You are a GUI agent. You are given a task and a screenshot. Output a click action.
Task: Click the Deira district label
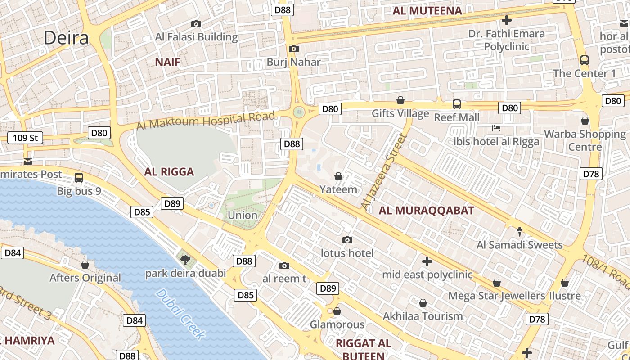tap(66, 38)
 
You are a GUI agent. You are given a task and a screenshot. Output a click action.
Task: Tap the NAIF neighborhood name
tap(167, 62)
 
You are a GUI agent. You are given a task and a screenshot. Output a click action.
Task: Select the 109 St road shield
tap(25, 138)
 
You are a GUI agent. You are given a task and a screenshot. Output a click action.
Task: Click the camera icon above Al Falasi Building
tap(196, 24)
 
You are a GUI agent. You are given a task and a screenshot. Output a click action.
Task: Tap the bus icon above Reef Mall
tap(456, 104)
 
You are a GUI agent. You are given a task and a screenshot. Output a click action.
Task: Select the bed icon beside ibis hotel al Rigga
tap(496, 129)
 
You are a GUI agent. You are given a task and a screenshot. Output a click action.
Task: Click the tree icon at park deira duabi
tap(185, 260)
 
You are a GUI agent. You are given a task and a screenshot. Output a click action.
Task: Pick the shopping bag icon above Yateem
tap(338, 177)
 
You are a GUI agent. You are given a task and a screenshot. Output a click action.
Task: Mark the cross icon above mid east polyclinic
tap(427, 261)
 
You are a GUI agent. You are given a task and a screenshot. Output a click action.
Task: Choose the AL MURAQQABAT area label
tap(426, 210)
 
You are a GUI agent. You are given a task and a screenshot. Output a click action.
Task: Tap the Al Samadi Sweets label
tap(520, 245)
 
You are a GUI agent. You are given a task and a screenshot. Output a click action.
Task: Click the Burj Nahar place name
tap(293, 62)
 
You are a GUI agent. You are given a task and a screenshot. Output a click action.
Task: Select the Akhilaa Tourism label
tap(423, 316)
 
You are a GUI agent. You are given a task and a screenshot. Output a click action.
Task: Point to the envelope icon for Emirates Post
tap(28, 162)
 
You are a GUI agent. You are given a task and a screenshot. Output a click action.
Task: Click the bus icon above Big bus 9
tap(79, 178)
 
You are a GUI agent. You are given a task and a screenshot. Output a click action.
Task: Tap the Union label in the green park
tap(243, 215)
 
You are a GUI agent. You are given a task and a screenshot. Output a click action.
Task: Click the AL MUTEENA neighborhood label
tap(427, 11)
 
